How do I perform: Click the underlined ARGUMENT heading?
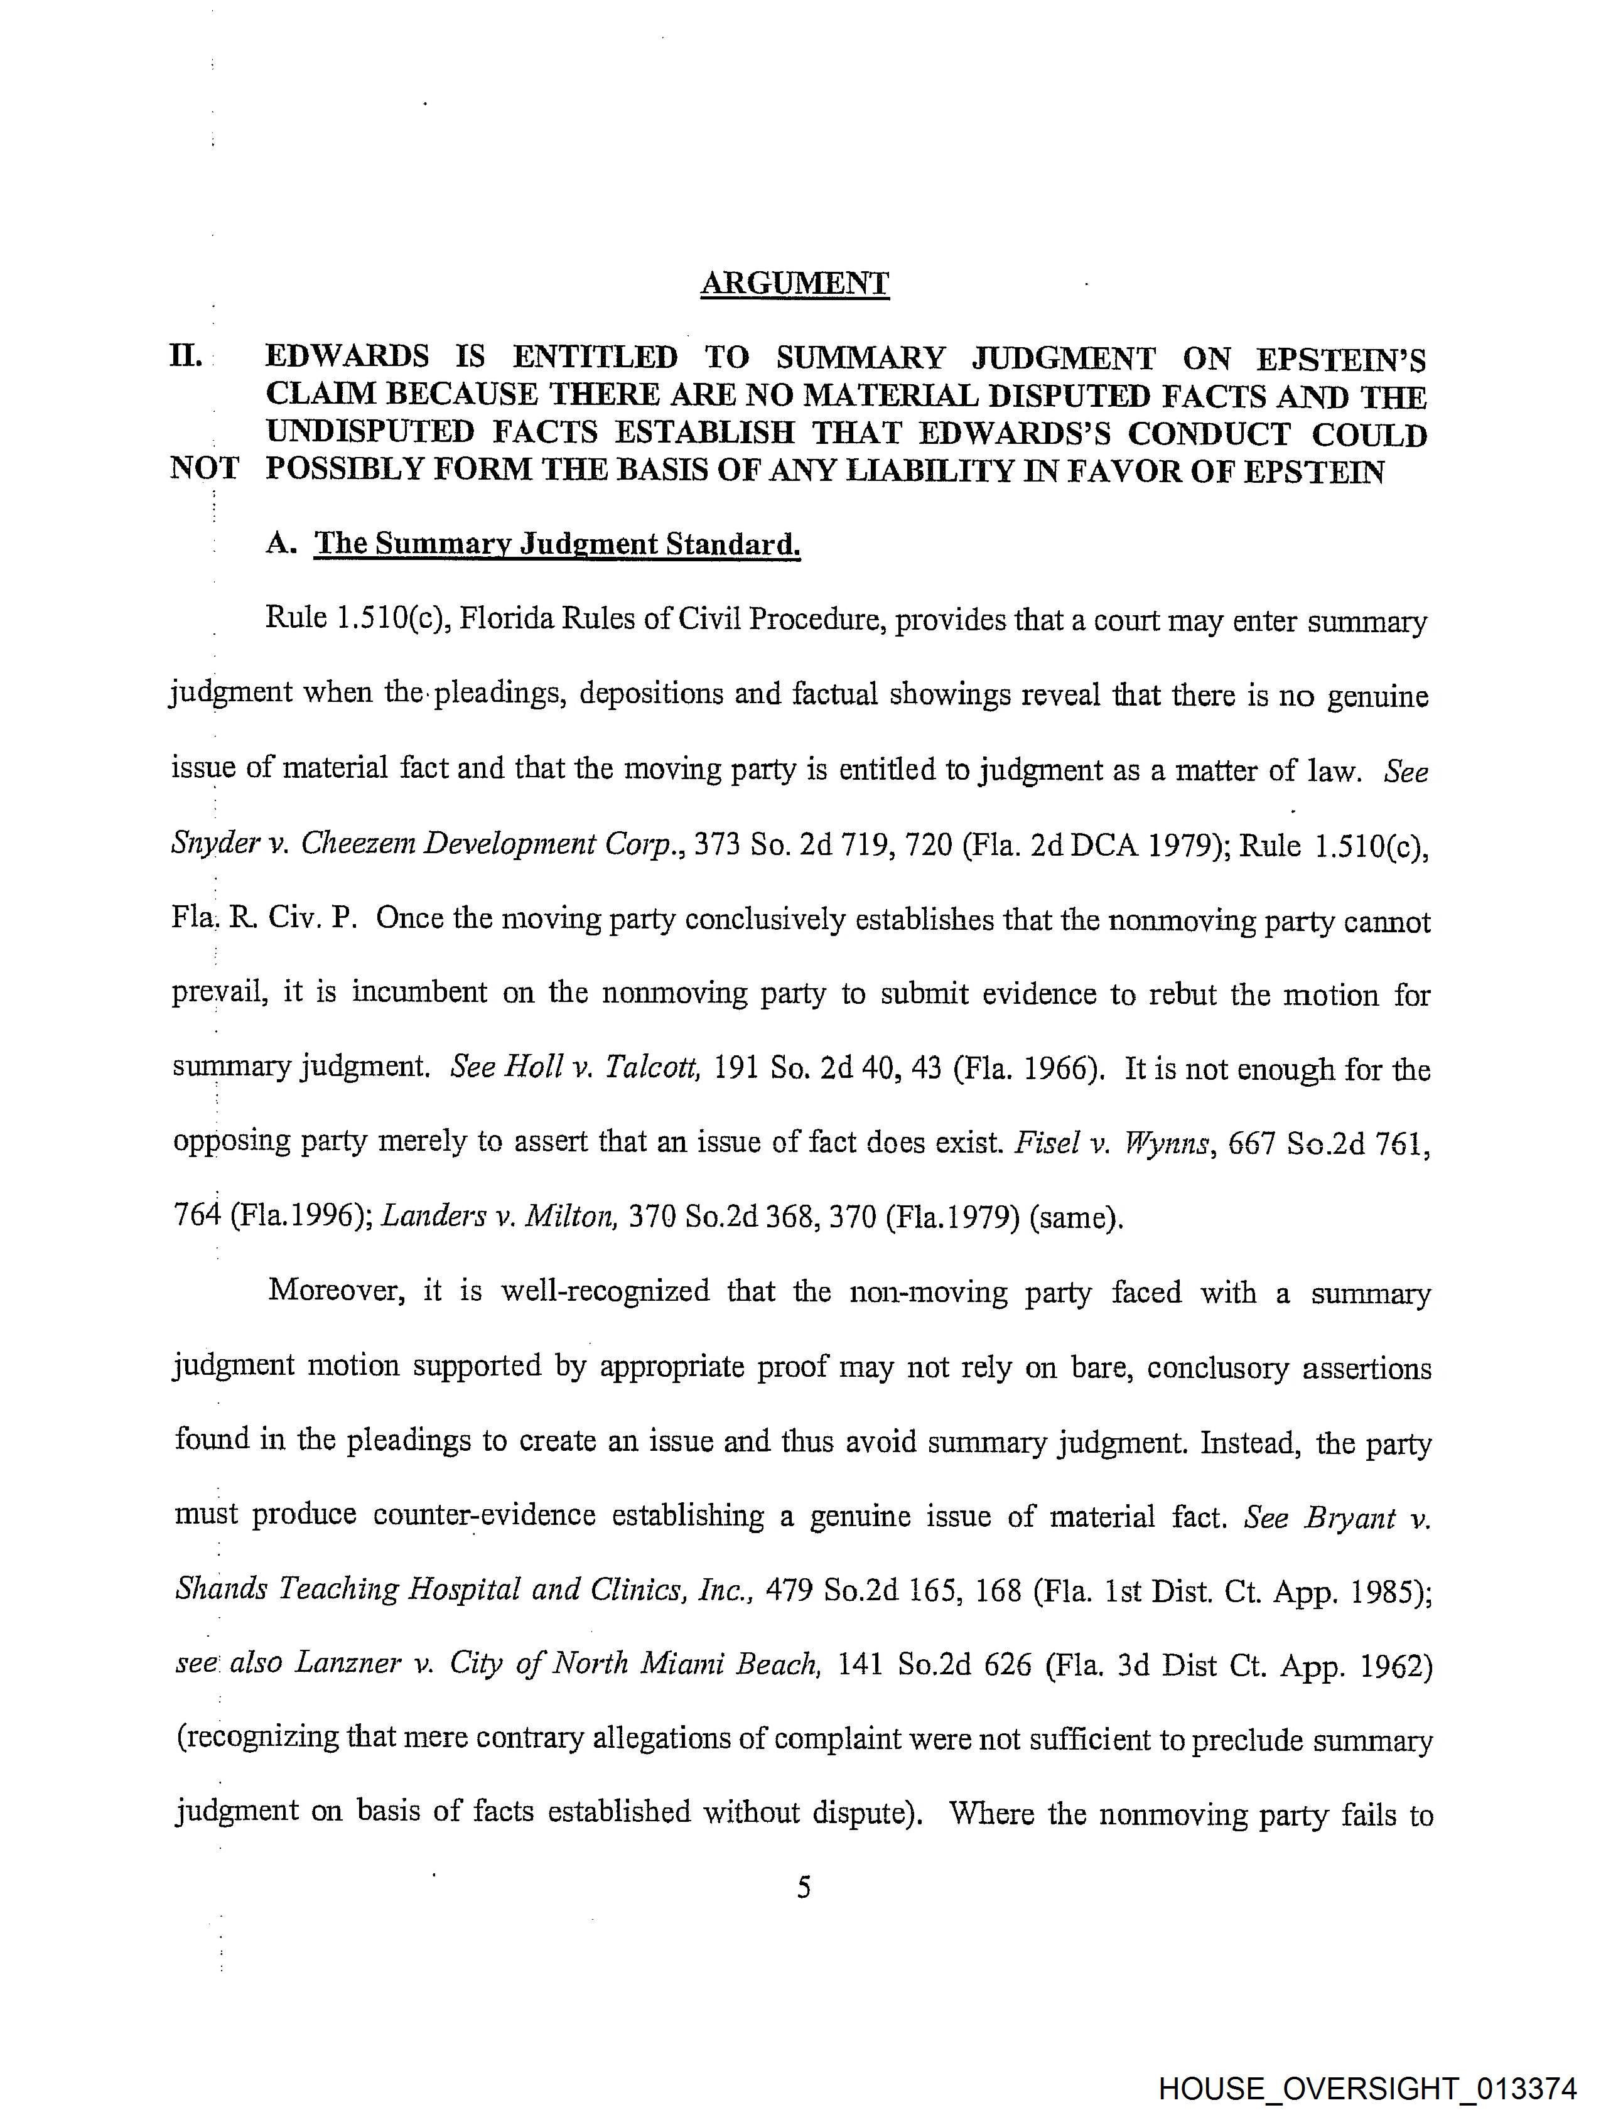[795, 283]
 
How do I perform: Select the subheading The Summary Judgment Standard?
[558, 544]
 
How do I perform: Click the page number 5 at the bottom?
[804, 1886]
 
